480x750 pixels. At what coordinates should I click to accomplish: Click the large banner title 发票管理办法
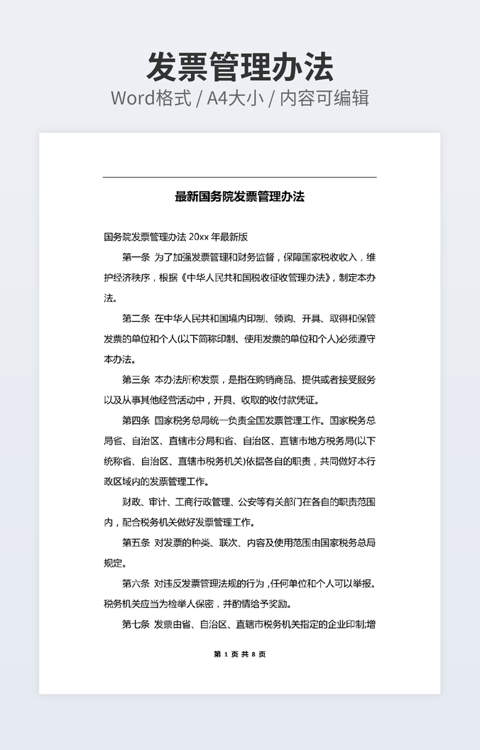tap(239, 67)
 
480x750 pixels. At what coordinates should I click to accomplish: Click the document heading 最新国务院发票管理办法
tap(239, 197)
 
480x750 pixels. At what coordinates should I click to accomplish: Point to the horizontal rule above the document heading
tap(239, 177)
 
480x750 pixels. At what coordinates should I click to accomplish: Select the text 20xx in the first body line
tap(200, 237)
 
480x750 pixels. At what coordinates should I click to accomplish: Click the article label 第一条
tap(136, 257)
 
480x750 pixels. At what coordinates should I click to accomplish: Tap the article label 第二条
tap(136, 318)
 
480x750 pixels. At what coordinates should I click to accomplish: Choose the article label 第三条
tap(136, 379)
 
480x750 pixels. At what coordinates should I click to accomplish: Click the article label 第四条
tap(136, 420)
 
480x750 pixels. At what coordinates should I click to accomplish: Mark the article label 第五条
tap(136, 543)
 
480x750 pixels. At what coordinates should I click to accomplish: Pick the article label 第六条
tap(136, 585)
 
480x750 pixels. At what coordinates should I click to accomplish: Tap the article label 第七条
tap(136, 625)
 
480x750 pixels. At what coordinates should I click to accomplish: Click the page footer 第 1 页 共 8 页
tap(239, 654)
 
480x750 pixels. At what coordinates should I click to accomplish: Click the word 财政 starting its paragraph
tap(131, 502)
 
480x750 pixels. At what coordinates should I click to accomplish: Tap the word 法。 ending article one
tap(111, 298)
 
